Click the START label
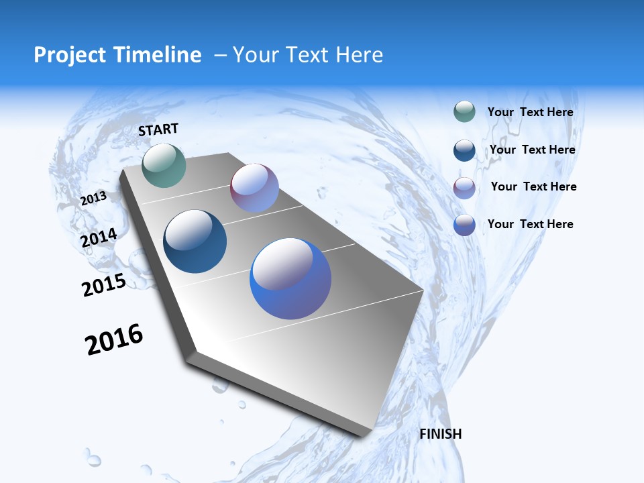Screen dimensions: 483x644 (x=158, y=129)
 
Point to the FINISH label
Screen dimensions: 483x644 (x=441, y=434)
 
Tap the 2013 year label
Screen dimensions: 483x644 (x=93, y=199)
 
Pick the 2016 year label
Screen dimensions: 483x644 (x=114, y=339)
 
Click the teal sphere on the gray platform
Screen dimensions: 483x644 (x=164, y=165)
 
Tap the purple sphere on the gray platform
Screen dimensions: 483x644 (x=254, y=188)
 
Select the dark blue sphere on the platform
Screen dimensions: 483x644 (x=195, y=241)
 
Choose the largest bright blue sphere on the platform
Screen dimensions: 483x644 (x=290, y=278)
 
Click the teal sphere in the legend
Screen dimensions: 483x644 (x=464, y=112)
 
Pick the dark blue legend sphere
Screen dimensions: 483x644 (x=464, y=150)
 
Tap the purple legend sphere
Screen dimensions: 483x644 (x=464, y=188)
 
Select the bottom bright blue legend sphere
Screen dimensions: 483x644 (x=464, y=225)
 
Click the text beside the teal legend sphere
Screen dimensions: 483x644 (x=530, y=112)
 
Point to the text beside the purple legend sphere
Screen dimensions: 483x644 (x=533, y=186)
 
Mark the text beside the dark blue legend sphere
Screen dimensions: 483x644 (x=532, y=150)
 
